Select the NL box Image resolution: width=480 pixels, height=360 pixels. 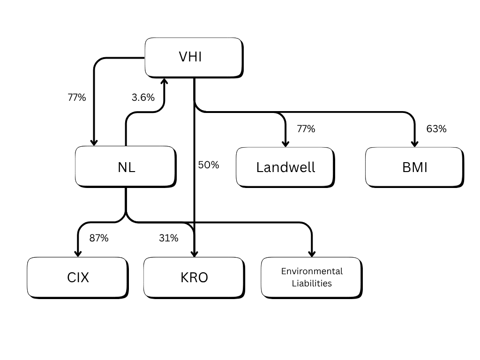tap(126, 166)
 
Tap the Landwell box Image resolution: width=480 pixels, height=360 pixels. tap(285, 167)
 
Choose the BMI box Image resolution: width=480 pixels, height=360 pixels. tap(414, 167)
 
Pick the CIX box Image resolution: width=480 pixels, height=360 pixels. tap(77, 277)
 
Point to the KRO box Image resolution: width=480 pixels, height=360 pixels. tap(194, 277)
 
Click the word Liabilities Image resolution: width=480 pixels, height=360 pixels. tap(312, 283)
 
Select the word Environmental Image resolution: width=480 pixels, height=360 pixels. tap(312, 271)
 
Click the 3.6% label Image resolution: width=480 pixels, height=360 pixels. tap(143, 97)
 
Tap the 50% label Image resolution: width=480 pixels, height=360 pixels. tap(209, 165)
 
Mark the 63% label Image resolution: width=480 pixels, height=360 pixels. tap(436, 129)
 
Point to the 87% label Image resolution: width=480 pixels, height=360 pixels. tap(99, 238)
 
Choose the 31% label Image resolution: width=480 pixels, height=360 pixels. tap(168, 238)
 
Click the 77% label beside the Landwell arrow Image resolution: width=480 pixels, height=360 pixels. tap(306, 129)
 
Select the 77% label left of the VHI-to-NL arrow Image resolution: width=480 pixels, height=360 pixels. tap(77, 97)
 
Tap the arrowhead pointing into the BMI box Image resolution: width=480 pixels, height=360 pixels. tap(414, 143)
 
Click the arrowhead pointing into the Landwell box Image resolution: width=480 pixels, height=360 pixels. tap(285, 143)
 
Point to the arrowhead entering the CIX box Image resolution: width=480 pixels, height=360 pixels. tap(77, 253)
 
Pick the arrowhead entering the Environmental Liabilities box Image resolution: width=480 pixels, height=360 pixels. tap(311, 253)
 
